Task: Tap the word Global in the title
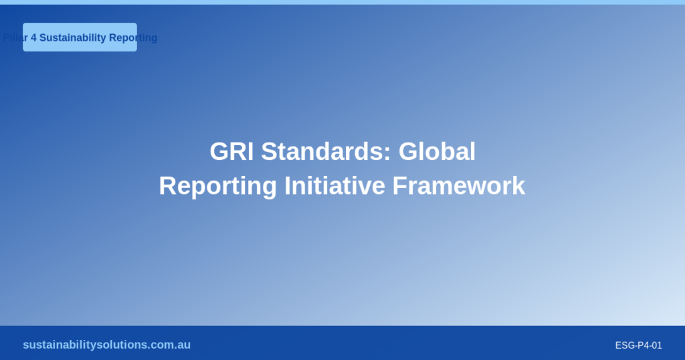[x=437, y=152]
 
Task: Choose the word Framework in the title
[x=459, y=185]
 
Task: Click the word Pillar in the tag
[x=15, y=37]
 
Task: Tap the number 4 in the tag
[x=33, y=37]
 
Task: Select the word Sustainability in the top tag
[x=72, y=37]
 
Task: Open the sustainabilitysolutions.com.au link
[x=106, y=345]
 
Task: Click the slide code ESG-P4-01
[x=638, y=345]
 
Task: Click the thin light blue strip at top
[x=342, y=2]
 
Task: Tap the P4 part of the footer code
[x=641, y=345]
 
